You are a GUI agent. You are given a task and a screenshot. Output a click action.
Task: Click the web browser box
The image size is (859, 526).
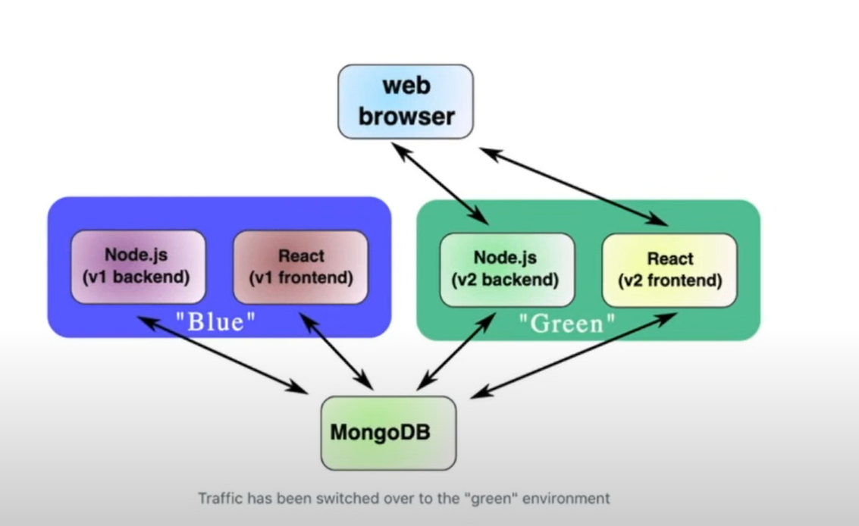pyautogui.click(x=405, y=102)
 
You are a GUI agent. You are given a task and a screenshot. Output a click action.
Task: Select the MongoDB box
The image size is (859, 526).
pyautogui.click(x=388, y=433)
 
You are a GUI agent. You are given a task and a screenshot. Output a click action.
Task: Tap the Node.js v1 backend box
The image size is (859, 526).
pyautogui.click(x=137, y=267)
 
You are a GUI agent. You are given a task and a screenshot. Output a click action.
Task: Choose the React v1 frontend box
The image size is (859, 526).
pyautogui.click(x=300, y=267)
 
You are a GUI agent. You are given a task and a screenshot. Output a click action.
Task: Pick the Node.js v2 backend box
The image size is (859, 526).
pyautogui.click(x=506, y=269)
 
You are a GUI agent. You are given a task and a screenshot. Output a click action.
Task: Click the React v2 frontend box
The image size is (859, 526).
pyautogui.click(x=669, y=270)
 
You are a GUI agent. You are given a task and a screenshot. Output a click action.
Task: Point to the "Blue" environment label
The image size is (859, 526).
pyautogui.click(x=215, y=322)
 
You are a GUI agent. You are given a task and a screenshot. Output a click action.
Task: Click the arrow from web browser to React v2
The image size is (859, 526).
pyautogui.click(x=574, y=186)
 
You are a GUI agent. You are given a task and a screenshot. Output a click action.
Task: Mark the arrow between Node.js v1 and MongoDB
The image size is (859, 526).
pyautogui.click(x=222, y=355)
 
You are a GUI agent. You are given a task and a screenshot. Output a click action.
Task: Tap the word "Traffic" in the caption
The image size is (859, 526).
pyautogui.click(x=218, y=499)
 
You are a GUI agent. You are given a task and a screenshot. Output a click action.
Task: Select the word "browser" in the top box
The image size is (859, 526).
pyautogui.click(x=406, y=117)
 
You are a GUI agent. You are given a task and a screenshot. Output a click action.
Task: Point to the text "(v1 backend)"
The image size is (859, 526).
pyautogui.click(x=137, y=277)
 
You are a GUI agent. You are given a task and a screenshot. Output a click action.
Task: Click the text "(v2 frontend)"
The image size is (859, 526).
pyautogui.click(x=669, y=280)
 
